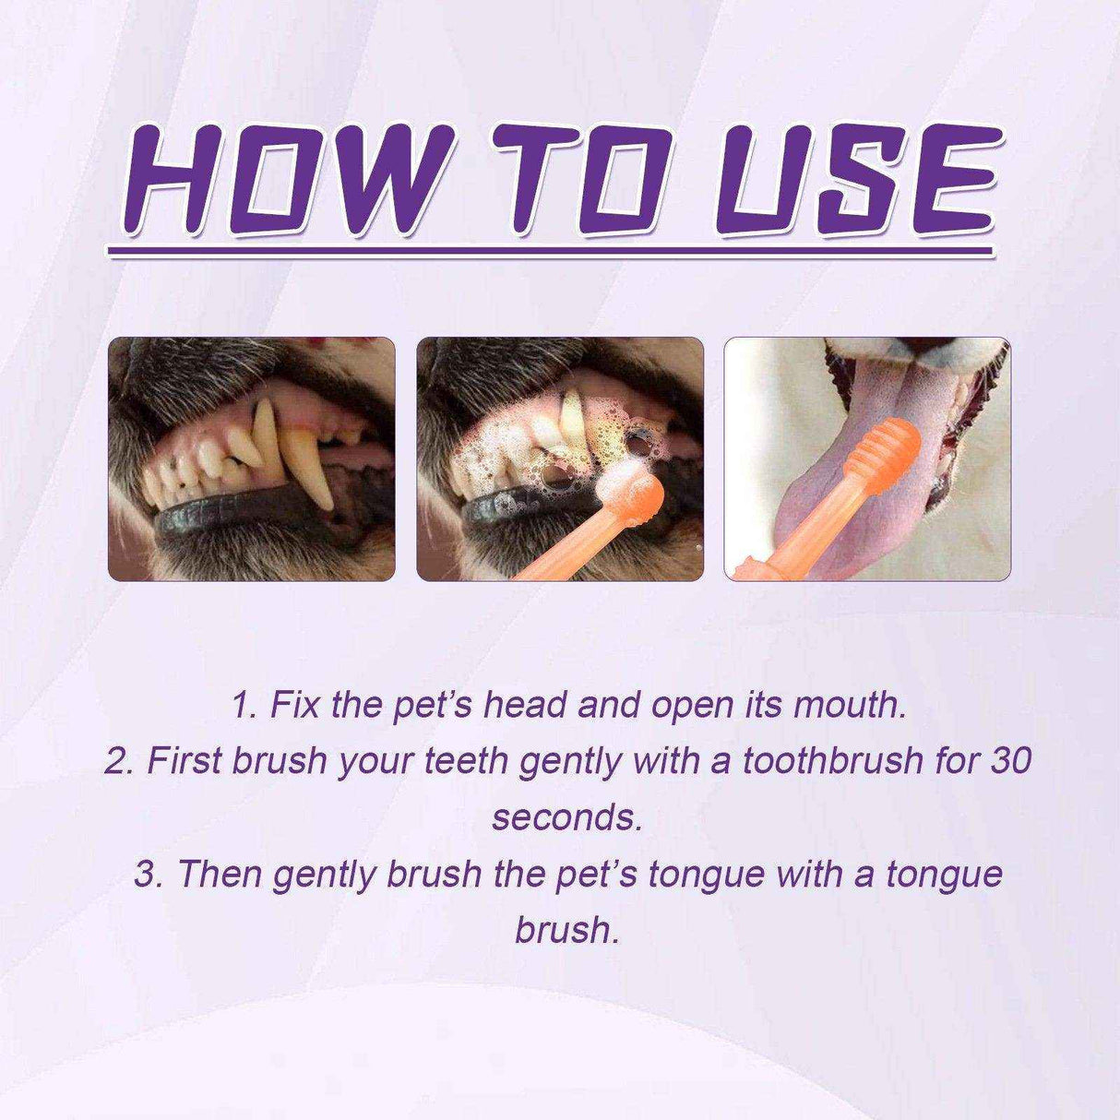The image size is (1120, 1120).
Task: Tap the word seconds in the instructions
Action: [565, 817]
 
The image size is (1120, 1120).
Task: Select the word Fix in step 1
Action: [294, 705]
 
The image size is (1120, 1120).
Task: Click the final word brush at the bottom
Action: [565, 929]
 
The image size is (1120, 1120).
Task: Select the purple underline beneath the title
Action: [551, 248]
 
